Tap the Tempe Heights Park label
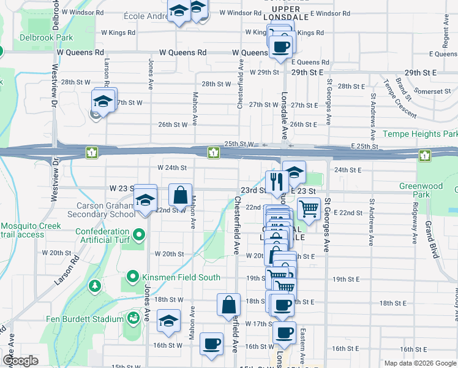coord(420,134)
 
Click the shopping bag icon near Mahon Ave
coord(181,196)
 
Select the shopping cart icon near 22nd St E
coord(309,210)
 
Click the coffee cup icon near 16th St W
coord(212,345)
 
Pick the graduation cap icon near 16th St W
coord(168,321)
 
